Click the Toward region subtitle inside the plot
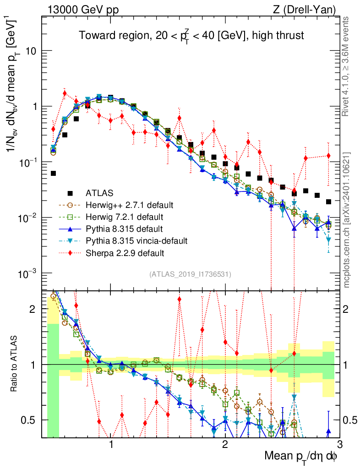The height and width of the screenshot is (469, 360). (191, 36)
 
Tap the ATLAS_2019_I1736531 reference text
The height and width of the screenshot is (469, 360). (190, 274)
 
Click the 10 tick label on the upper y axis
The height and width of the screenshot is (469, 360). (32, 51)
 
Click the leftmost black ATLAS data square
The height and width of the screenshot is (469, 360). (53, 174)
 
